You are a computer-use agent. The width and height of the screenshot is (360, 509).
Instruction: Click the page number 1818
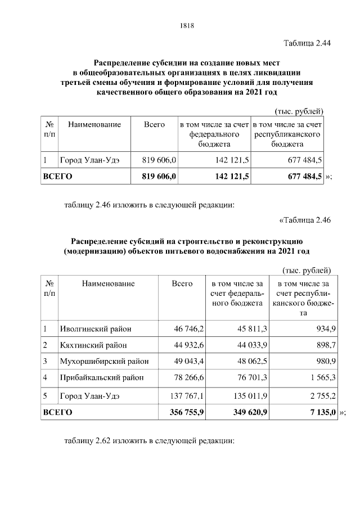pyautogui.click(x=187, y=25)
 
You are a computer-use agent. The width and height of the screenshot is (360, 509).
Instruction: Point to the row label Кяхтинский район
pyautogui.click(x=89, y=345)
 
